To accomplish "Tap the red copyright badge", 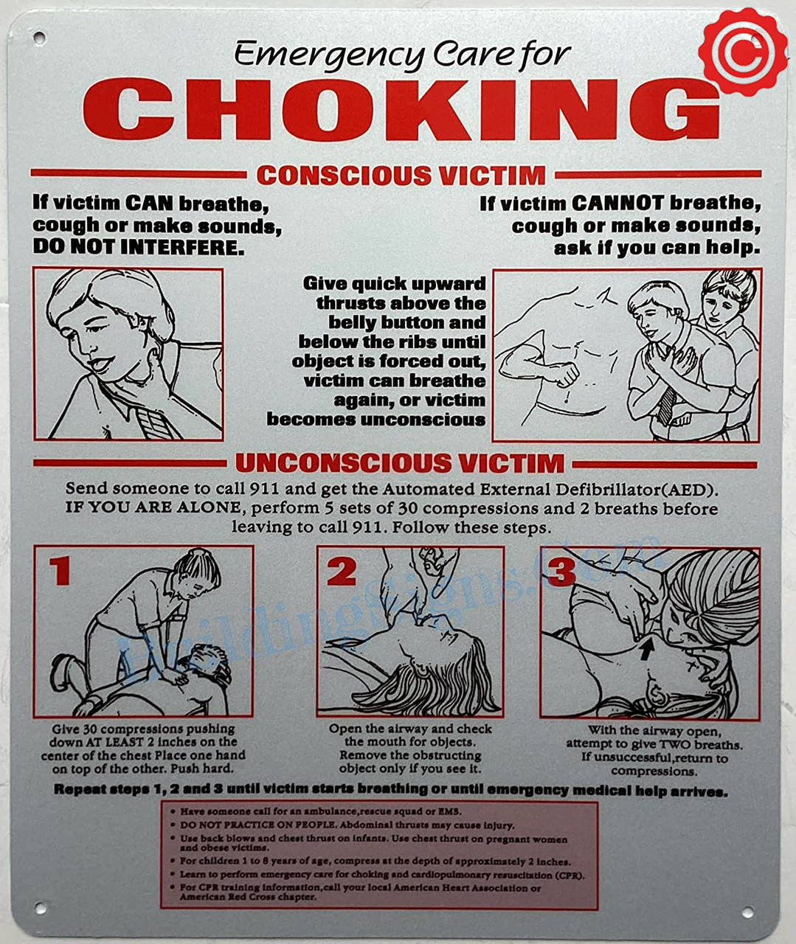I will point(743,52).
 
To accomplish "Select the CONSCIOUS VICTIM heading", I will point(401,176).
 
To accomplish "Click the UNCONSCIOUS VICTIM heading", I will point(399,463).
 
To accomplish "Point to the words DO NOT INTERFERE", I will point(138,247).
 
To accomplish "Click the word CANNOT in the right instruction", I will point(617,204).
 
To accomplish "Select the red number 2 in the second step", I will point(342,571).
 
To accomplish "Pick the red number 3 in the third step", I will point(561,571).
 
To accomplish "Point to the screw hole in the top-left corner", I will point(38,37).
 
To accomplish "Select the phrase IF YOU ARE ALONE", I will point(153,508).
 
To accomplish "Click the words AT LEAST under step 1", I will point(117,743).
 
